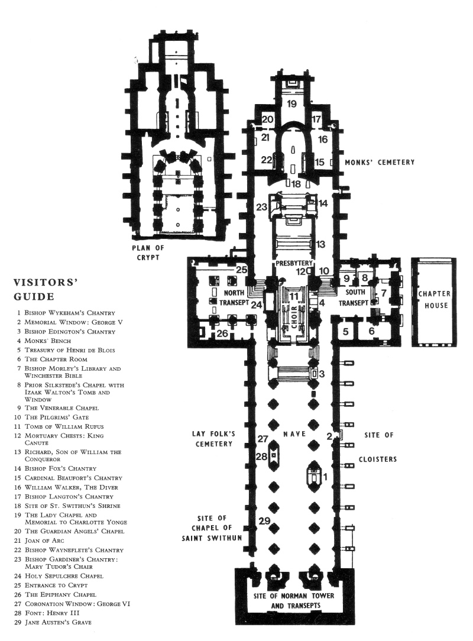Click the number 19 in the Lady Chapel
[x=291, y=104]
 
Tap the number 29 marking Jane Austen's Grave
[x=264, y=521]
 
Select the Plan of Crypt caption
[x=147, y=252]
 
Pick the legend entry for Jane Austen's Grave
[x=54, y=622]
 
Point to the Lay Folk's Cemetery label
[x=213, y=438]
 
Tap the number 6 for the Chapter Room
[x=371, y=331]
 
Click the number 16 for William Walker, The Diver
[x=323, y=140]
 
